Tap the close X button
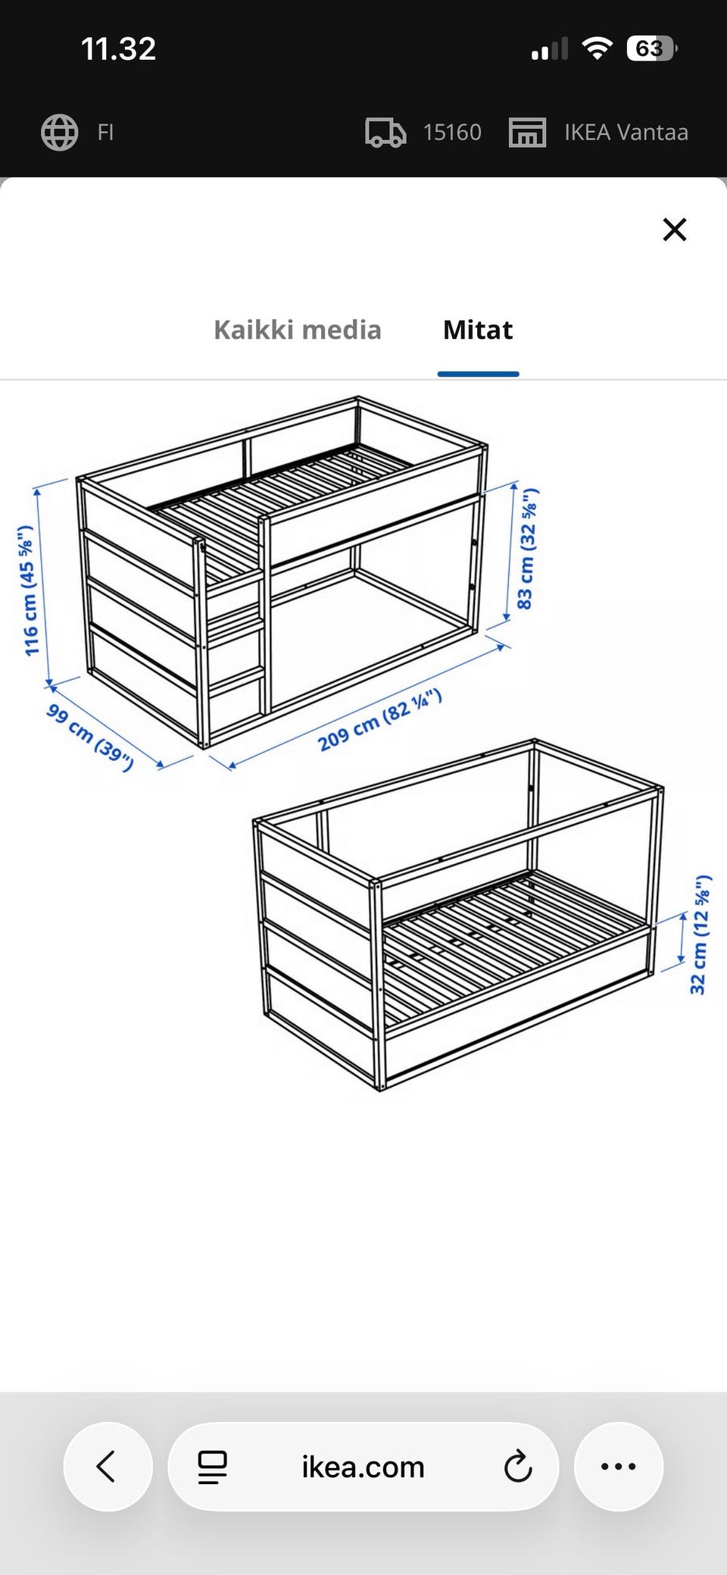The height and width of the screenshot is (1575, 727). pos(674,229)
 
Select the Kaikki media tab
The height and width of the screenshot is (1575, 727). pos(298,330)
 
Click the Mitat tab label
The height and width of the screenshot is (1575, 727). pos(478,330)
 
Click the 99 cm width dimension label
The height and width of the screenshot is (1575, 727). pos(90,737)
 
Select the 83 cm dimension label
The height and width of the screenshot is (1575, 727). pos(526,549)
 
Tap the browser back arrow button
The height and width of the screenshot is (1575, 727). pos(108,1466)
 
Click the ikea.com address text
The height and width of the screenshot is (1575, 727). pos(363,1467)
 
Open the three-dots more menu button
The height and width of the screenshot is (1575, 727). pos(618,1466)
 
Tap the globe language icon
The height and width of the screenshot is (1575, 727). pos(59,132)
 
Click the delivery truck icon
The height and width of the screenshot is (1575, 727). pos(385,132)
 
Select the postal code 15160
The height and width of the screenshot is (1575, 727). pos(452,132)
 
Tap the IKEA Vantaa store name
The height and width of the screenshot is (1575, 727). pos(626,132)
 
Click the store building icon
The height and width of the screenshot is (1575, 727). pos(527,132)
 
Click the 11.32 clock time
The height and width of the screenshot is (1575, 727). pos(118,49)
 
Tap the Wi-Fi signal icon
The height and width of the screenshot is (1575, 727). pos(597,49)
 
